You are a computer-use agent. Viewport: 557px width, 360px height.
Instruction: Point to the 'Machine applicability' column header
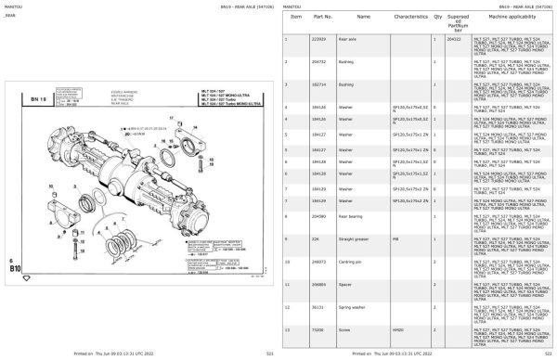click(x=512, y=18)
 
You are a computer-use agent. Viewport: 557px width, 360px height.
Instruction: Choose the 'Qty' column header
click(x=436, y=18)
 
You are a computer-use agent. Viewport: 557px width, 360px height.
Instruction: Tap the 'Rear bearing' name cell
click(x=354, y=216)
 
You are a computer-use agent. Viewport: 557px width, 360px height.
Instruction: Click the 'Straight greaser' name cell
click(x=356, y=238)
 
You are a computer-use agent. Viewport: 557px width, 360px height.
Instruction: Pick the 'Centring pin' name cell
click(x=354, y=262)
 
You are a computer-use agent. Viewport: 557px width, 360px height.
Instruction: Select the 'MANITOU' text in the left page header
click(x=14, y=6)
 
